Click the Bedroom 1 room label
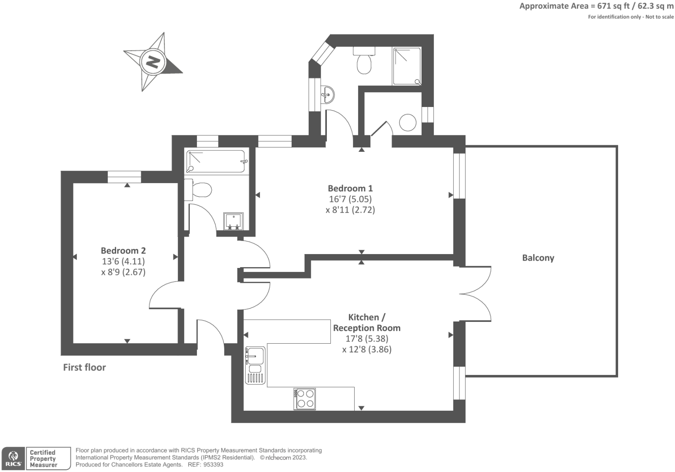(350, 188)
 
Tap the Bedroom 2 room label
(123, 251)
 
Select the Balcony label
(538, 258)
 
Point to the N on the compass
(153, 62)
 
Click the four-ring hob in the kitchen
(305, 399)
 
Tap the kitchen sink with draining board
(255, 365)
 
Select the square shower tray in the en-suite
(407, 66)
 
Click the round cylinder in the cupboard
(408, 122)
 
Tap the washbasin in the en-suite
(328, 95)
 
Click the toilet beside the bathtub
(198, 190)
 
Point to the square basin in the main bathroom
(233, 221)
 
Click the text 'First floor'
(84, 367)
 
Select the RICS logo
(13, 459)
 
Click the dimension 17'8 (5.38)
(367, 339)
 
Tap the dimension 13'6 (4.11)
(123, 261)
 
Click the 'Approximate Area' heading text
(554, 7)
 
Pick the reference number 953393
(213, 465)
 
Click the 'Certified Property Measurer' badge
(48, 459)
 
